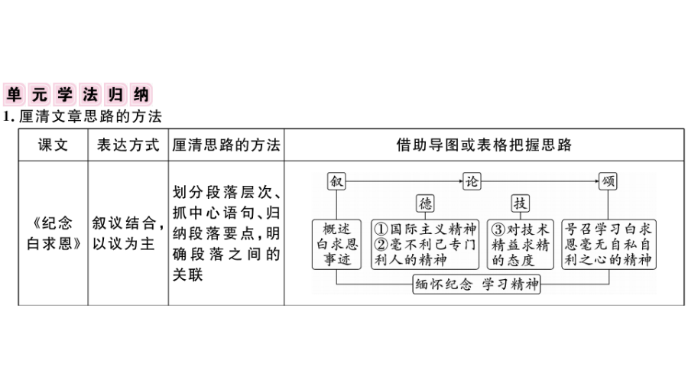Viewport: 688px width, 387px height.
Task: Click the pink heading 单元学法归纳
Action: (x=78, y=94)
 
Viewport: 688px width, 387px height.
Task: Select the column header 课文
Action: (x=53, y=145)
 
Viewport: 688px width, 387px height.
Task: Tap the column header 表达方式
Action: (x=128, y=145)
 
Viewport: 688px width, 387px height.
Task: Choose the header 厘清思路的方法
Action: (x=226, y=145)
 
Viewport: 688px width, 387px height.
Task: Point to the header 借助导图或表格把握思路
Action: (x=484, y=145)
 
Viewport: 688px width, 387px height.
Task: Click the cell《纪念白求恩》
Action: (x=53, y=233)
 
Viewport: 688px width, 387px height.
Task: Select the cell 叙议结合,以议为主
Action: (x=128, y=233)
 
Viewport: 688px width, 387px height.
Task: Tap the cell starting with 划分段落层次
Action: (x=226, y=233)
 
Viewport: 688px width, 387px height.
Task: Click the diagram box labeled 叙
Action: (x=336, y=181)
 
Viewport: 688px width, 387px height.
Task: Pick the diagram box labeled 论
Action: (x=472, y=181)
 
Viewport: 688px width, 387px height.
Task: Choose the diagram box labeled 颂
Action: (x=608, y=181)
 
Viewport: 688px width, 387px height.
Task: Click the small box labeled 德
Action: (x=425, y=203)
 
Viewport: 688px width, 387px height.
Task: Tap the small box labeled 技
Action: (x=520, y=203)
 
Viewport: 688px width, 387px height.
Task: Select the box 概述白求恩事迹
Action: (x=336, y=245)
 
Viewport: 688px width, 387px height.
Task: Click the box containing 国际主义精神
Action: (x=425, y=245)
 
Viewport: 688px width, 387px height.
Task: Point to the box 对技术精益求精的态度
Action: (x=521, y=245)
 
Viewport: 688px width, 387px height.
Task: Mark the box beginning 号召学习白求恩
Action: (x=608, y=245)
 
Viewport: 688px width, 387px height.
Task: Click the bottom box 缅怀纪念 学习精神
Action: (x=476, y=285)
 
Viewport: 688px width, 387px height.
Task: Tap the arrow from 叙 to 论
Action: (x=404, y=181)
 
